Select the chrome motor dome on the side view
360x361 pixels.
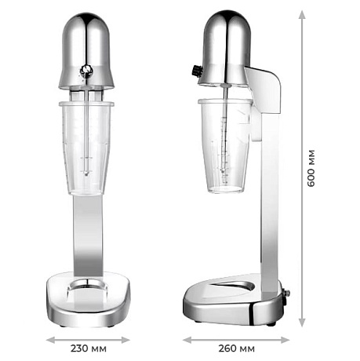click(224, 39)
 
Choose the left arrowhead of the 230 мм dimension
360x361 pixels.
click(47, 341)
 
